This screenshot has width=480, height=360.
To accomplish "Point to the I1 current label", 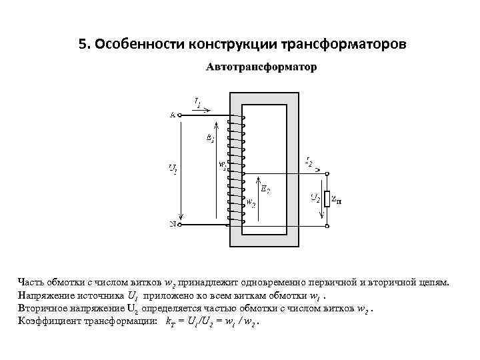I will (197, 102).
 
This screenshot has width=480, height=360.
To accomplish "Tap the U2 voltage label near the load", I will (317, 197).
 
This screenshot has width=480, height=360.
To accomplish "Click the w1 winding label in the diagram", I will (222, 164).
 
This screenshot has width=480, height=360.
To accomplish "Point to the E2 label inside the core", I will (266, 190).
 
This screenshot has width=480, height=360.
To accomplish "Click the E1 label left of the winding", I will (211, 138).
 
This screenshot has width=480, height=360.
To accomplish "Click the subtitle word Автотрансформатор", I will (261, 67).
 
